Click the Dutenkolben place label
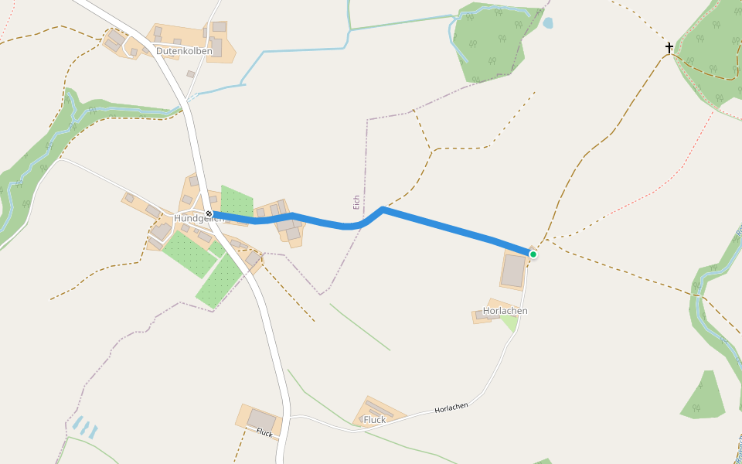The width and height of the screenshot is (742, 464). pos(184,51)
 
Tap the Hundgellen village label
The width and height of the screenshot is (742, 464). pos(199,219)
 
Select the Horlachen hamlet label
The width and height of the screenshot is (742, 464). pos(505,311)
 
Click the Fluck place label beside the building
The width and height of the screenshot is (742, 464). pos(374,420)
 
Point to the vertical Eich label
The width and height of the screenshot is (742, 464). pos(356,202)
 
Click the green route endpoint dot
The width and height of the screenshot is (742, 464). pos(533,254)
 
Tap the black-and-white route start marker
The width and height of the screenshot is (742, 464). pos(209,213)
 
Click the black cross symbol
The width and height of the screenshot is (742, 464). pos(669,48)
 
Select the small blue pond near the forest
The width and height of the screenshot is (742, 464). pos(548,23)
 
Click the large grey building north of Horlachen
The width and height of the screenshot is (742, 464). pos(513,271)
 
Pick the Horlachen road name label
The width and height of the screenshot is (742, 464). pos(451,408)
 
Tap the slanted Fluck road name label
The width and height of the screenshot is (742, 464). pos(264,432)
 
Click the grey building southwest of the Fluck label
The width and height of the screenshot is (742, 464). pos(262,420)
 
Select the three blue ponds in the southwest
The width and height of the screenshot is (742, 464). pos(85,428)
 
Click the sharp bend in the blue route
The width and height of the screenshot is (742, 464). pos(383,209)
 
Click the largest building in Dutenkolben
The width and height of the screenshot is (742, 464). pos(216,47)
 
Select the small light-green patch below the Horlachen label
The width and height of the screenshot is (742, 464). pos(509,322)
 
